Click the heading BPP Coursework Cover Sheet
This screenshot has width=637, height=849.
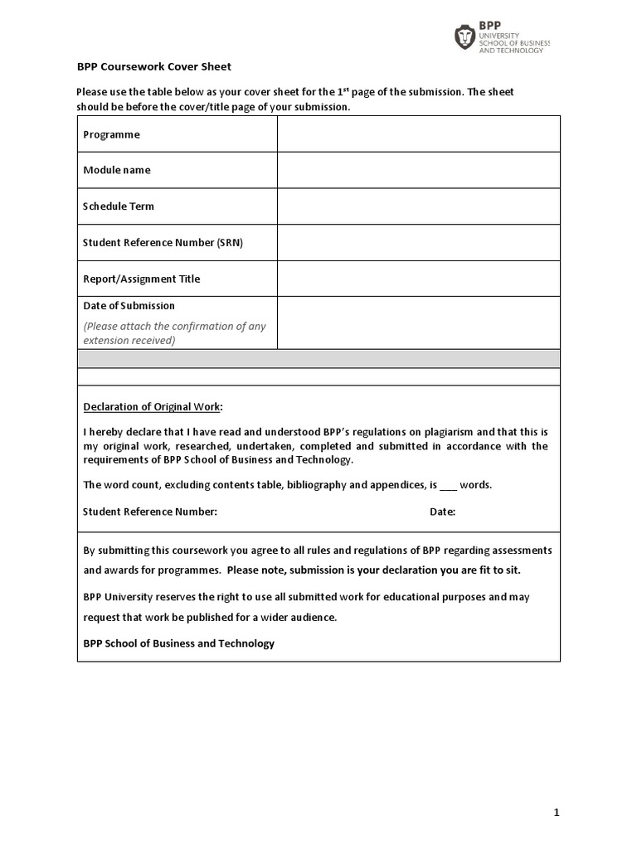tap(154, 66)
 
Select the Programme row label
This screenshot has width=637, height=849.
tap(111, 134)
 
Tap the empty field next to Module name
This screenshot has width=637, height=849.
tap(418, 170)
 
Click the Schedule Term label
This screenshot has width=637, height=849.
tap(119, 206)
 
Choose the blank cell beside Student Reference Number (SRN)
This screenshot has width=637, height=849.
tap(418, 242)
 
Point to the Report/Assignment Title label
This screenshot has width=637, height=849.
tap(141, 279)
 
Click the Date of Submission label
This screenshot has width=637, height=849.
tap(129, 306)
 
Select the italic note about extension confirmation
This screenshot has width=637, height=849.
tap(174, 332)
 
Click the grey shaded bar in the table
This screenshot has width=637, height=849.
tap(318, 358)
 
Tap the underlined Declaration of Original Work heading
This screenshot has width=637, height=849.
tap(153, 406)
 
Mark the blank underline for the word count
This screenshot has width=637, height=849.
tap(447, 486)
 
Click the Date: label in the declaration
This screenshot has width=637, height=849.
tap(442, 512)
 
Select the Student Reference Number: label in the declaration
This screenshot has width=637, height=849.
tap(150, 512)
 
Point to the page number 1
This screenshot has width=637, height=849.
tap(557, 813)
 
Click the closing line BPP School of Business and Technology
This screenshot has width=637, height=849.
tap(178, 643)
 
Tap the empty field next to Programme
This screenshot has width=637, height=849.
tap(418, 134)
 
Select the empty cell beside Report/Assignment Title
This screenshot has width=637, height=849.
tap(418, 279)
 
